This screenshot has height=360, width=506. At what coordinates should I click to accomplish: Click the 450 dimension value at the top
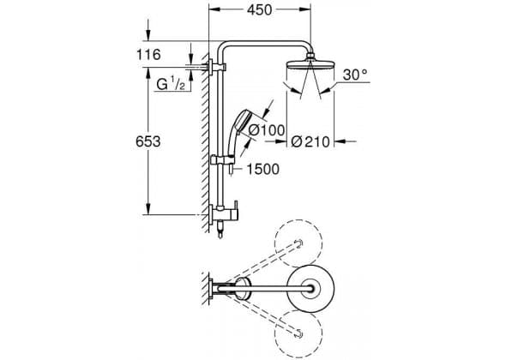(x=260, y=10)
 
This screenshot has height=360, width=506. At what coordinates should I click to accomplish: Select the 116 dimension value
(x=148, y=55)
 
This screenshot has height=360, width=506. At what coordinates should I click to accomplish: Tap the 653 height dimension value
(x=148, y=141)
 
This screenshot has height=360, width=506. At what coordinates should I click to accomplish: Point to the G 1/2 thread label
(x=171, y=85)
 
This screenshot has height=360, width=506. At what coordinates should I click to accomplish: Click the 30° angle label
(x=355, y=75)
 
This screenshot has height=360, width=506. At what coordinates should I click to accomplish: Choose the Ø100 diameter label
(x=268, y=130)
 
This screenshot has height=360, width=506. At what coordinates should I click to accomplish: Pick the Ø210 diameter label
(x=310, y=141)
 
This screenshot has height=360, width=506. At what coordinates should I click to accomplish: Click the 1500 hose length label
(x=263, y=169)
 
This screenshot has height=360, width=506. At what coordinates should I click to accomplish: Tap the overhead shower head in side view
(x=310, y=65)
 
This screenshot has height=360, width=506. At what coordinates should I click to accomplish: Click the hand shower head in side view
(x=242, y=122)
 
